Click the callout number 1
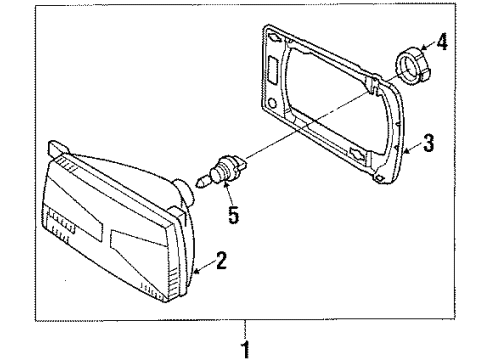coord(245,350)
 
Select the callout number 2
coord(221,260)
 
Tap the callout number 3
coord(428,143)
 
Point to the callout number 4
coord(442,42)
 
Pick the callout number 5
coord(234,215)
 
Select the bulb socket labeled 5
coord(226,170)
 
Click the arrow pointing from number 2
coord(204,267)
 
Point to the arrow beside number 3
coord(413,148)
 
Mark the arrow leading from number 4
coord(428,45)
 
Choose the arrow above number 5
coord(228,193)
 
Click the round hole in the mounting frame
coord(273,103)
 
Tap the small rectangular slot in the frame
coord(271,69)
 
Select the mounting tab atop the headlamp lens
coord(59,148)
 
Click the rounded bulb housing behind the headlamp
coord(184,192)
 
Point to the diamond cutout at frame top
coord(275,38)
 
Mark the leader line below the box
coord(245,331)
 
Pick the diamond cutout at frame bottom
coord(358,154)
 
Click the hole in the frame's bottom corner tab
coord(379,178)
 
